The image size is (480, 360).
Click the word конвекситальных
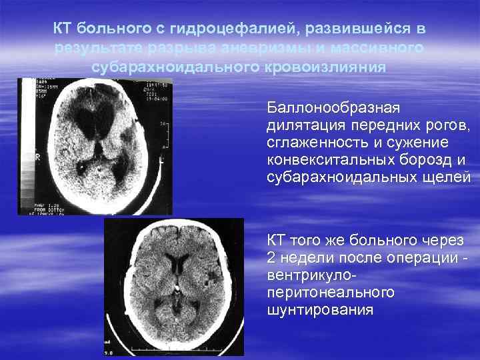(x=328, y=160)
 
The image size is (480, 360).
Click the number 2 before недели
(x=271, y=257)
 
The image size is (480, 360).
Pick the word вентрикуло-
(x=312, y=275)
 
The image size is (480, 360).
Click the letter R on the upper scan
(x=39, y=158)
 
